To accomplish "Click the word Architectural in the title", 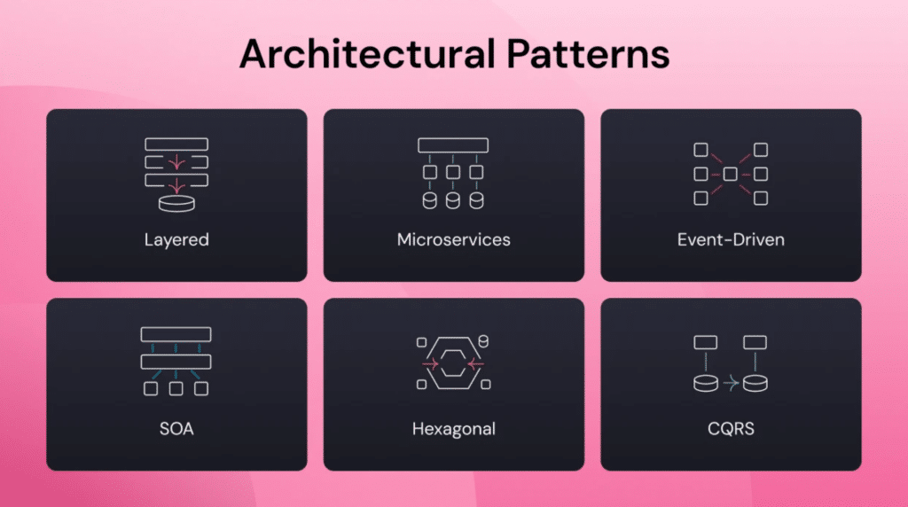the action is (368, 54).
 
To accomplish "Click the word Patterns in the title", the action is (588, 54).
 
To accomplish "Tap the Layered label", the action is (176, 240).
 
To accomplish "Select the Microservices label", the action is (453, 239).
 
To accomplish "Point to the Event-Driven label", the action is (731, 239).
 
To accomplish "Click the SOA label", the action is (176, 429).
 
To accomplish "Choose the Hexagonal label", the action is (453, 430).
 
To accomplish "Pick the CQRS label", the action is (731, 429).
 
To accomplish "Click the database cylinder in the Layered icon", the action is (176, 204).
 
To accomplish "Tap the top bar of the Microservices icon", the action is (453, 145).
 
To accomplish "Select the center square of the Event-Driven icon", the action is (731, 174).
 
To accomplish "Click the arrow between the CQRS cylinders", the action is (731, 383).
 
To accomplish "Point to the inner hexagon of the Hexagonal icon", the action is (453, 363).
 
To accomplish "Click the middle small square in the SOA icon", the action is (176, 388).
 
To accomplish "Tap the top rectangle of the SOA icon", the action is (176, 334).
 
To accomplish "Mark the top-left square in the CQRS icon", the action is (705, 343).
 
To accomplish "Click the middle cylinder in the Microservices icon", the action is (453, 200).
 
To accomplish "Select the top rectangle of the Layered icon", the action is (176, 144).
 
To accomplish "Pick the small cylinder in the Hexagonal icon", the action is (483, 341).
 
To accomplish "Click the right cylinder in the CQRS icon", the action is (755, 384).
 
